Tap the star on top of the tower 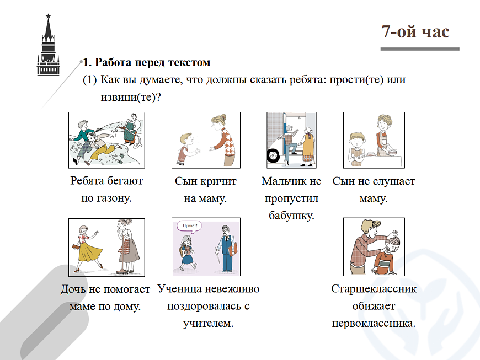[x=48, y=16]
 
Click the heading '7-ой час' [x=415, y=31]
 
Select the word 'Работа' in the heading [x=113, y=62]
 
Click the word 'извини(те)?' [x=131, y=97]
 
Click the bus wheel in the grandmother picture [x=273, y=155]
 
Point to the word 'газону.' [x=114, y=198]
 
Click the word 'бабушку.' [x=291, y=216]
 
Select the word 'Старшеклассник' [x=374, y=288]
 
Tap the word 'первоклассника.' [x=374, y=323]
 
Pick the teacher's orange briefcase [x=233, y=249]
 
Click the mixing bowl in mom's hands [x=391, y=152]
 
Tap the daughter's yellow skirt [x=90, y=251]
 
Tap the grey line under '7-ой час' [x=420, y=49]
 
